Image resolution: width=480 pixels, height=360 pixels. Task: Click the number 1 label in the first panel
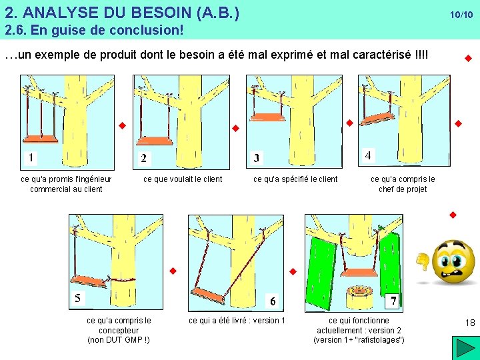coord(31,158)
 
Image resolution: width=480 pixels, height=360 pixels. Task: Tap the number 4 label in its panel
coord(368,155)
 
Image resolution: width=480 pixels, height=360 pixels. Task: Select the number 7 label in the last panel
coord(393,301)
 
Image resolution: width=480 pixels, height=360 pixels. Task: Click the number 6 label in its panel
coord(273,301)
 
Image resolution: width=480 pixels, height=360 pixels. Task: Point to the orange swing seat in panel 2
coord(155,141)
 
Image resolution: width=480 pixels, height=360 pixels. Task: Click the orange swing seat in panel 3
coord(267,117)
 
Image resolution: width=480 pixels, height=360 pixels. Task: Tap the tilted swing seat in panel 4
coord(377,119)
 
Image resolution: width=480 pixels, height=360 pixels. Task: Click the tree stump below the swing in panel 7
coord(359,296)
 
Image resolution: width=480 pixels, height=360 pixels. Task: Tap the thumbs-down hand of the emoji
coord(423,261)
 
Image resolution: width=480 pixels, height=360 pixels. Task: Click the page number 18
coord(470,323)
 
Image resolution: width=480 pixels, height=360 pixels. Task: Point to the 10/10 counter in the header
coord(461,15)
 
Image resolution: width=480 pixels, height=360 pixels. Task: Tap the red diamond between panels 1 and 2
coord(123,125)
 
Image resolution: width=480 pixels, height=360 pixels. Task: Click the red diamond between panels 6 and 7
coord(293,271)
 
